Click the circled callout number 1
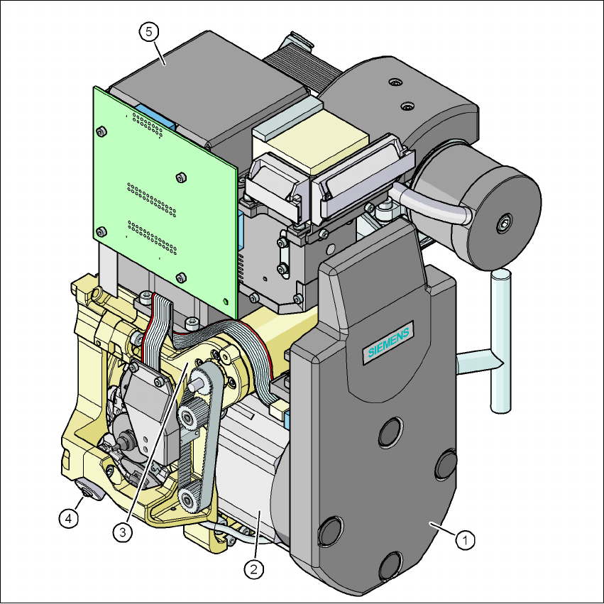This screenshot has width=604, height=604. coord(465,540)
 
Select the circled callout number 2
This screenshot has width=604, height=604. coord(254,569)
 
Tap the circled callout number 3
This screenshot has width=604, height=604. coord(123,532)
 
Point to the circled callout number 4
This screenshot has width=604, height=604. coord(69,518)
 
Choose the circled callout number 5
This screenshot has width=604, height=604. coord(149,32)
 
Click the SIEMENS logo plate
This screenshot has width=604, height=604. coord(388,342)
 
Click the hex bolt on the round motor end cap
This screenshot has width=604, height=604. coord(504,224)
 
